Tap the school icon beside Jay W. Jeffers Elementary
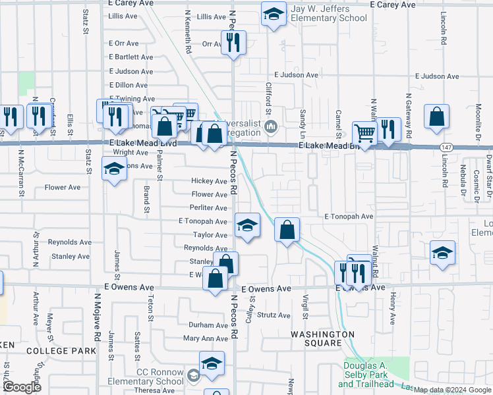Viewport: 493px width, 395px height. click(274, 13)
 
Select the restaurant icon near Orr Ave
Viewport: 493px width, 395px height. click(233, 43)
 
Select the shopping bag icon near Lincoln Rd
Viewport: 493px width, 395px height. click(436, 117)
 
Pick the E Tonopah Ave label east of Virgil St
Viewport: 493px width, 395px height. click(349, 216)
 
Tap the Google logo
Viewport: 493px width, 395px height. click(22, 386)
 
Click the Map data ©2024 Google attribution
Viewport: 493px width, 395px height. click(452, 390)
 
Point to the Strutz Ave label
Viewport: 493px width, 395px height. click(274, 315)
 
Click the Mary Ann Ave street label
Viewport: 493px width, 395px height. click(205, 338)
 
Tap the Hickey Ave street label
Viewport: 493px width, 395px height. click(209, 181)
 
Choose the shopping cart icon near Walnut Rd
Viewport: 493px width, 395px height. click(364, 133)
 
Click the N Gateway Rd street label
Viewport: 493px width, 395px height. click(409, 115)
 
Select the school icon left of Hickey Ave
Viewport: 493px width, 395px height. click(115, 170)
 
